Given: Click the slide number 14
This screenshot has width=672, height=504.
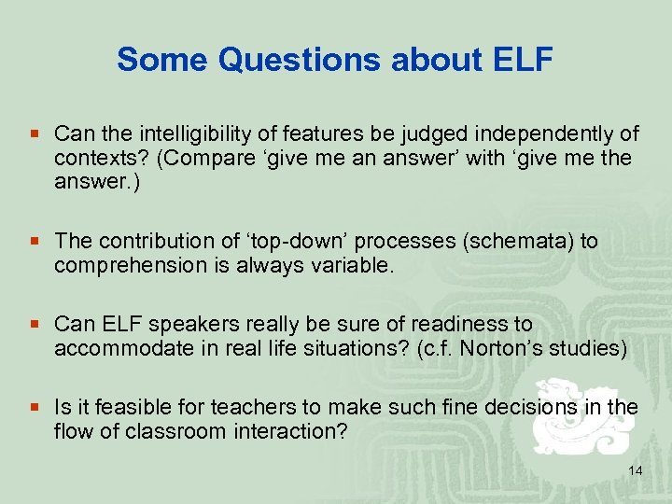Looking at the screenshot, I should pos(635,471).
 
